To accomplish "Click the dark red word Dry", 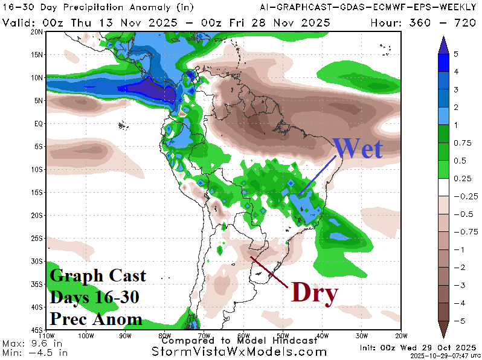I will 314,293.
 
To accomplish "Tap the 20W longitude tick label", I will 400,336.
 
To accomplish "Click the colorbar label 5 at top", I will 456,54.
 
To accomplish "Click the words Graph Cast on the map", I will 98,276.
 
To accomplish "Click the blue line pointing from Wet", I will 318,176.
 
